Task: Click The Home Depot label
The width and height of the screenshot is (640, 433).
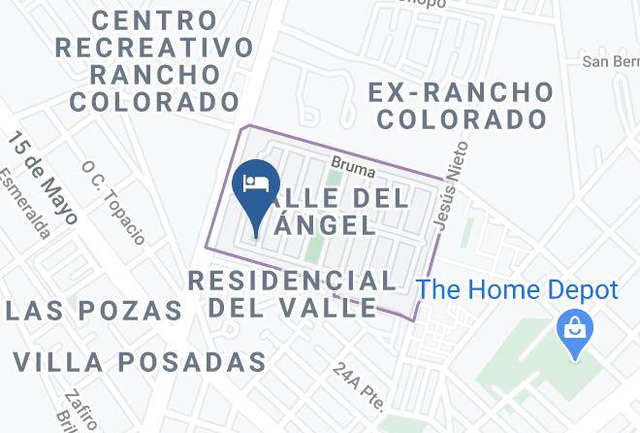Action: pyautogui.click(x=517, y=290)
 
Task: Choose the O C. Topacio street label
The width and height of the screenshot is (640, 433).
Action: pyautogui.click(x=113, y=202)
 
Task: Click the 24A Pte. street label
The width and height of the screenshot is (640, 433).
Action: pyautogui.click(x=358, y=385)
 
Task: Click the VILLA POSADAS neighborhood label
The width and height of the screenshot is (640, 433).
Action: pyautogui.click(x=140, y=362)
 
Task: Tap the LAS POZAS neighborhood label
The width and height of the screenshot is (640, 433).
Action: pyautogui.click(x=92, y=311)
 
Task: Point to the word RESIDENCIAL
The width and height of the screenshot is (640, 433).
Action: pyautogui.click(x=292, y=282)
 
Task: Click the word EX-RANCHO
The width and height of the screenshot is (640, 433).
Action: pyautogui.click(x=462, y=93)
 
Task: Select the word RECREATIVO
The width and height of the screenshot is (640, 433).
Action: pyautogui.click(x=155, y=47)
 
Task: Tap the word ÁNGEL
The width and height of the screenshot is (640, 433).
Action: pyautogui.click(x=326, y=225)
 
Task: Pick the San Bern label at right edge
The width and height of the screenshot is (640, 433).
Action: pyautogui.click(x=610, y=62)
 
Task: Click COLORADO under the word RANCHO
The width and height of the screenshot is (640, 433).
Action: pyautogui.click(x=155, y=101)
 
